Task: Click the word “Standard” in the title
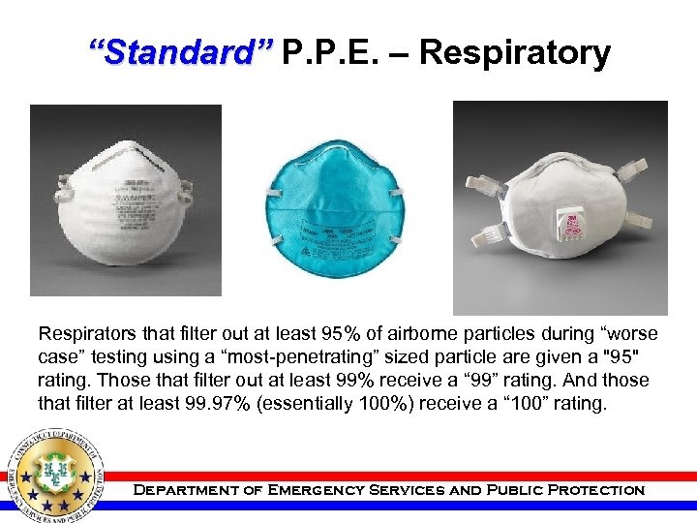click(x=180, y=52)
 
